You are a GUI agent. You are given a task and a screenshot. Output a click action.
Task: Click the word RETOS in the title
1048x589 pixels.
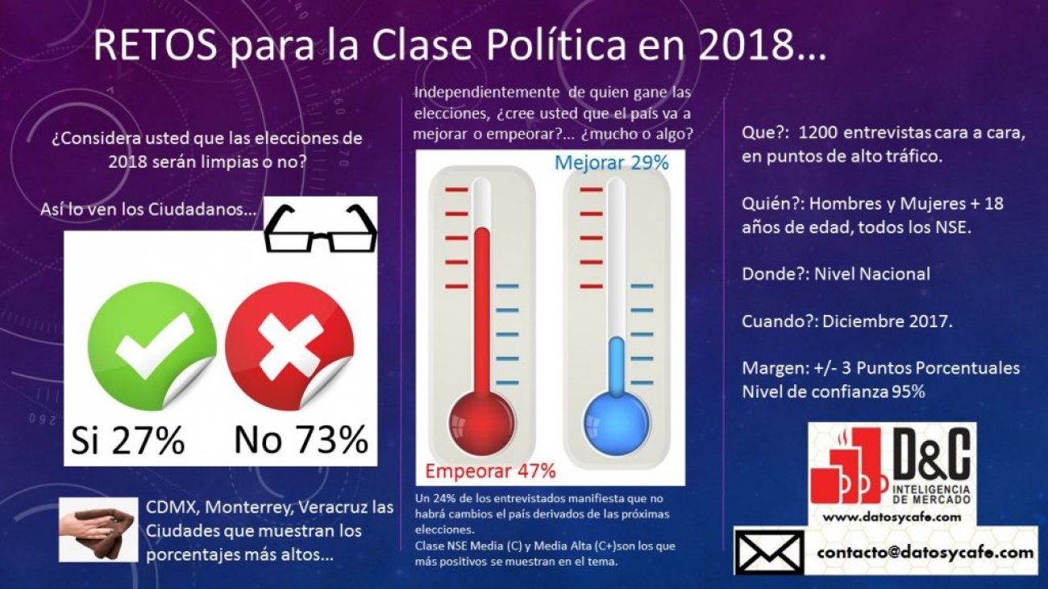pos(155,47)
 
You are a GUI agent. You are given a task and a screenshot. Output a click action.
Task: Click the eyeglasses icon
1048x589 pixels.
pos(321,229)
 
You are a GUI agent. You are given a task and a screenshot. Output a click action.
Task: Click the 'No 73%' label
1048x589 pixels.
pos(301,441)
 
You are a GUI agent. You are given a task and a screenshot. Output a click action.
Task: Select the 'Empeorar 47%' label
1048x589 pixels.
pos(490,471)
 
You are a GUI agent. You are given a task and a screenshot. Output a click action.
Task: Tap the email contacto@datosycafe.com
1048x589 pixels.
pos(925,553)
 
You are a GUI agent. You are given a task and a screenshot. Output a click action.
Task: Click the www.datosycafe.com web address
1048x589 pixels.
pos(892,516)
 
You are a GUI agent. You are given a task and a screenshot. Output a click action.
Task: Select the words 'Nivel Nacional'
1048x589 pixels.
pos(872,274)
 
